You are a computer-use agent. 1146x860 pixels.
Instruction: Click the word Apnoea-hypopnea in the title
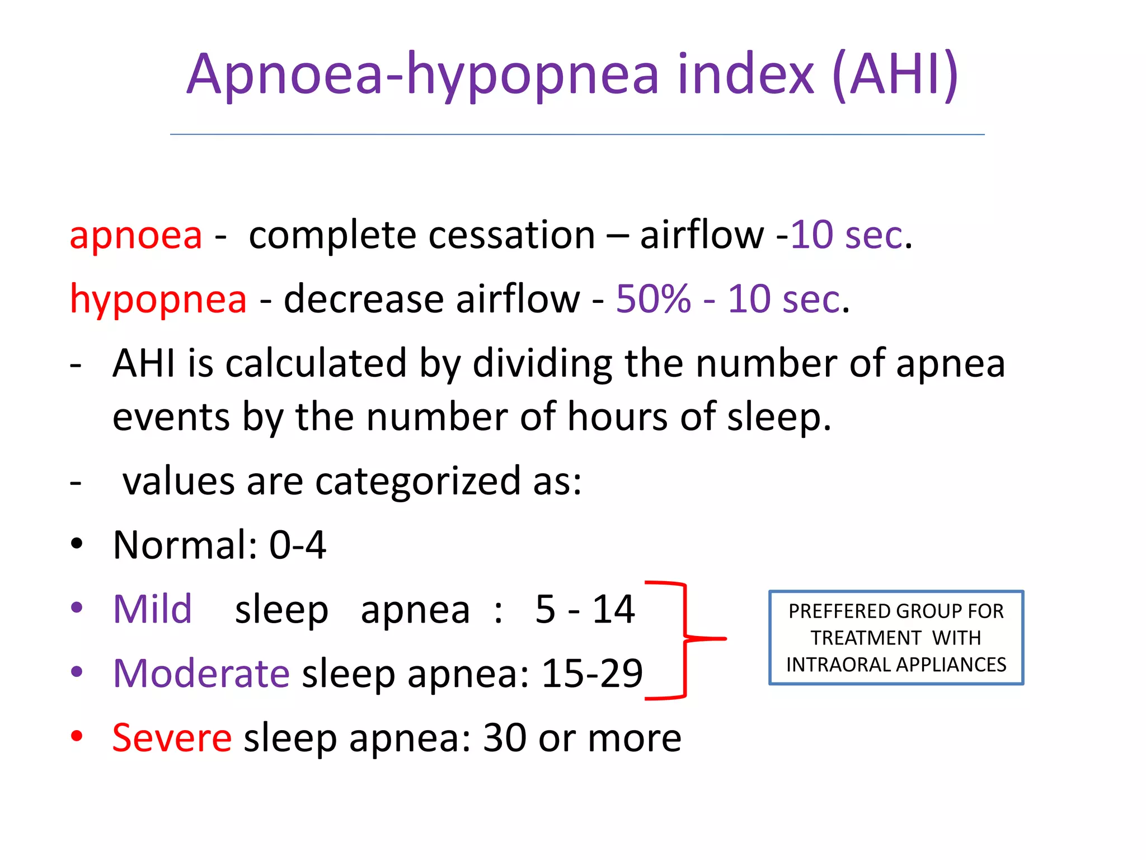423,76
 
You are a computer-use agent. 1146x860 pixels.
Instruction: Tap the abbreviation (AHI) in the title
895,76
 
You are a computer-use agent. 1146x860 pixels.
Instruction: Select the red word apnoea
136,235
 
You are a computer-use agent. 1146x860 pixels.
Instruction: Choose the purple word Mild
152,609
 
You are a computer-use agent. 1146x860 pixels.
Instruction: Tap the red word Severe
172,738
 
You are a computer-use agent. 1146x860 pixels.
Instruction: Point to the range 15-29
592,674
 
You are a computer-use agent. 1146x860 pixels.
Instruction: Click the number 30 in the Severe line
504,738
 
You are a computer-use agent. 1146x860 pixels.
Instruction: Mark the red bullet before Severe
77,736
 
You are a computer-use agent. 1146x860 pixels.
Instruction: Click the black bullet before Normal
77,543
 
